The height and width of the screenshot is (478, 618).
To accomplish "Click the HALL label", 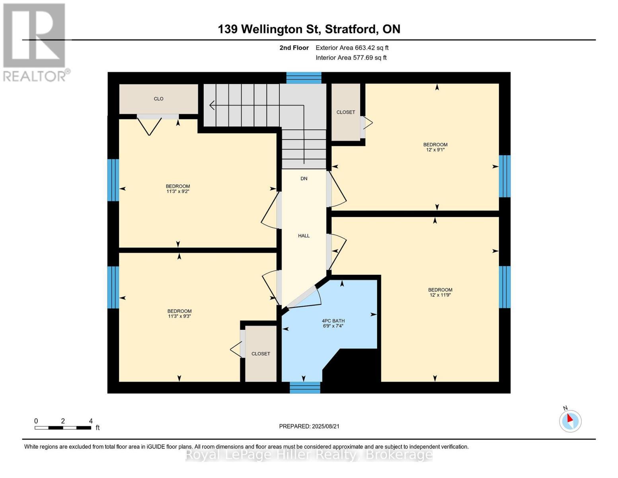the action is tap(304, 236).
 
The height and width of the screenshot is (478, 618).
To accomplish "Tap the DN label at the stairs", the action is tap(304, 178).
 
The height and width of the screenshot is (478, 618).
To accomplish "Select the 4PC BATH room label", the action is tap(333, 321).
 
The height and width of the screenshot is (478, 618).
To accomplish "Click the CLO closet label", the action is tap(158, 99).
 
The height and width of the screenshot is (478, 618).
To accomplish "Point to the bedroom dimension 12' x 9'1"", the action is tap(435, 150).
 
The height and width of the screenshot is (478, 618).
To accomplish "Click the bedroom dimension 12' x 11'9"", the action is tap(440, 295).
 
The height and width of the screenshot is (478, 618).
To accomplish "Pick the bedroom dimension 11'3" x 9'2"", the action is tap(178, 191).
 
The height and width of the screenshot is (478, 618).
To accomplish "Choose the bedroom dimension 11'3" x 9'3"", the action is tap(179, 316).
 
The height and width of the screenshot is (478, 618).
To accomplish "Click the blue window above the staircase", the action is tap(304, 78).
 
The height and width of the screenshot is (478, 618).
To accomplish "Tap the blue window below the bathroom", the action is tap(305, 388).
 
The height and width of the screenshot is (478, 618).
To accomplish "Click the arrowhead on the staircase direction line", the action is tap(212, 105).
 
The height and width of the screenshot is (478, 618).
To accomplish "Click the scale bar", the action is tap(63, 427).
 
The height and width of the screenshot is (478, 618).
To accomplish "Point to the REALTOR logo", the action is tap(35, 43).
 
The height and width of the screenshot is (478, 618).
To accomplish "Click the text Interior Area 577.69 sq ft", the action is tap(351, 58).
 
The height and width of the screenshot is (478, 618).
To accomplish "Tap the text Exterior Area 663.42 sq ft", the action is tap(352, 48).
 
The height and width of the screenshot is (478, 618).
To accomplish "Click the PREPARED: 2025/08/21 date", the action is tap(309, 426).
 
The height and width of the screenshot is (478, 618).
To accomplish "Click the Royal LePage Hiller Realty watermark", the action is tap(309, 454).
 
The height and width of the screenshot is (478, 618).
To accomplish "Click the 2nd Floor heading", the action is tap(294, 48).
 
